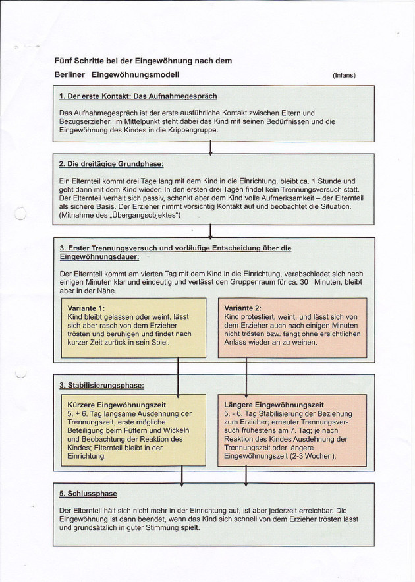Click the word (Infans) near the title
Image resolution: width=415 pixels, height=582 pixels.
click(x=344, y=75)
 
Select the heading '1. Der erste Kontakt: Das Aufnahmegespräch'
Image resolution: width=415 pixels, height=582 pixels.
click(x=138, y=96)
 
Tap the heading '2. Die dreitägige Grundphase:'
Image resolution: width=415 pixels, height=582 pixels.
click(x=111, y=163)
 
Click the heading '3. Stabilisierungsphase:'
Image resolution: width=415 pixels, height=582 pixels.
click(x=101, y=385)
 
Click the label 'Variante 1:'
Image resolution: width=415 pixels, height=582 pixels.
click(x=86, y=308)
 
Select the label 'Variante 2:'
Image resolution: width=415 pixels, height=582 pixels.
click(x=243, y=308)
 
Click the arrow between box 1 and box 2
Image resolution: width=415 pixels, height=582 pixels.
click(x=210, y=148)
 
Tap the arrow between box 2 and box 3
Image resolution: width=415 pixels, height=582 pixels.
click(x=210, y=231)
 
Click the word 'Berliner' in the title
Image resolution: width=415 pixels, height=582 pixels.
click(x=70, y=75)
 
